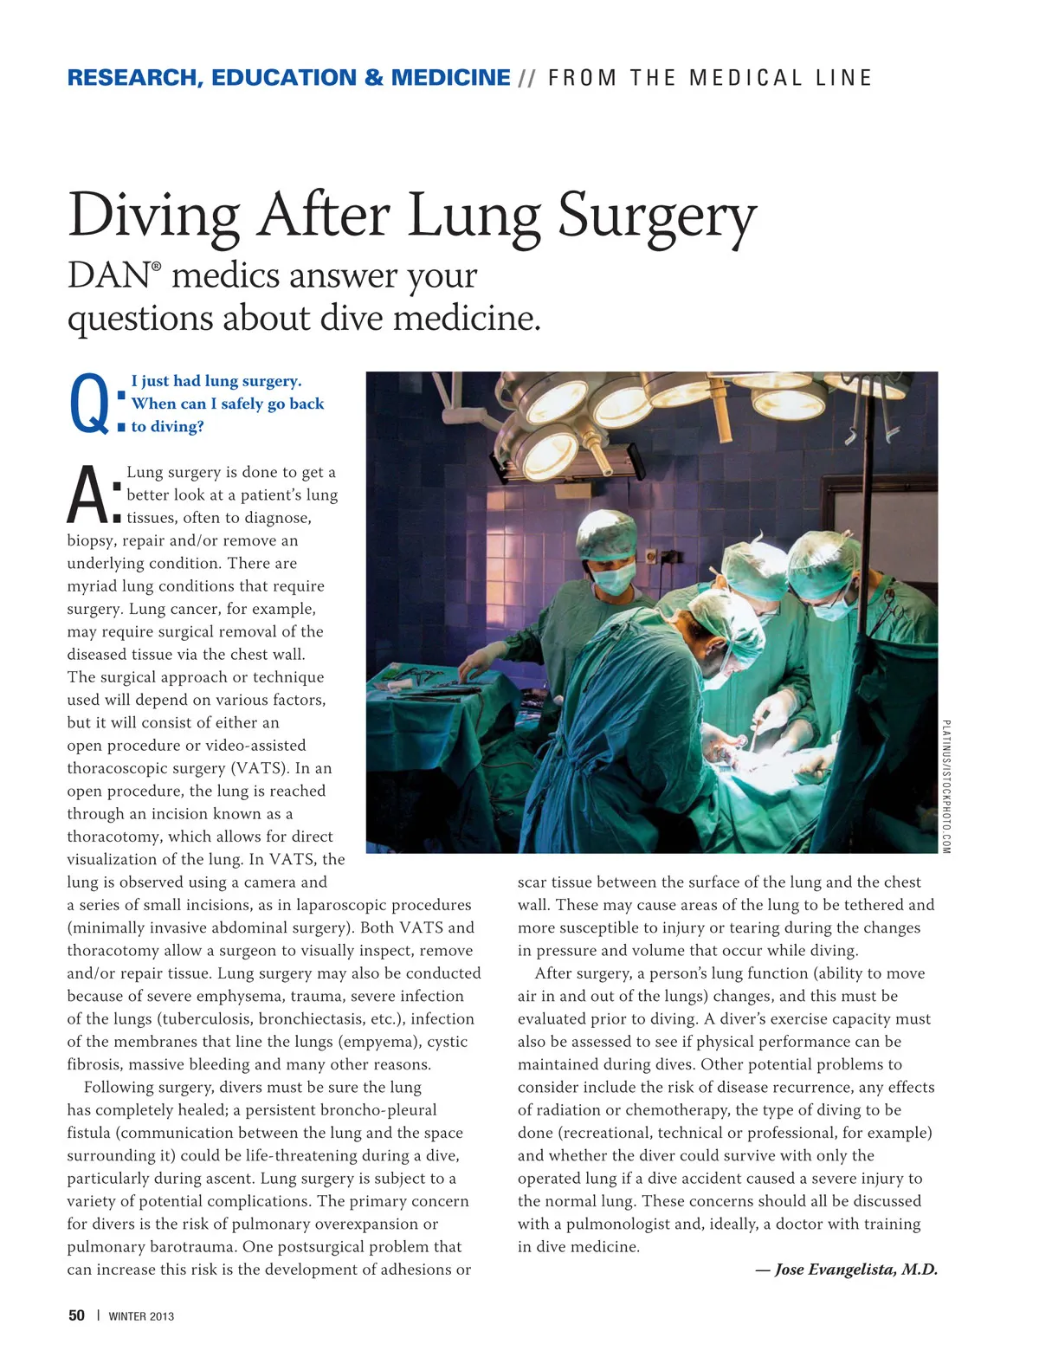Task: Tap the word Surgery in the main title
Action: [x=657, y=216]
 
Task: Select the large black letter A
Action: [x=87, y=495]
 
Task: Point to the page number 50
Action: [x=77, y=1315]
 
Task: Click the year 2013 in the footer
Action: [x=161, y=1316]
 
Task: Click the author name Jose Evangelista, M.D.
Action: [x=855, y=1270]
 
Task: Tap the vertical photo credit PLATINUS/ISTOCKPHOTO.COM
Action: [x=946, y=786]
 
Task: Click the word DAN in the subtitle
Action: [x=109, y=276]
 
